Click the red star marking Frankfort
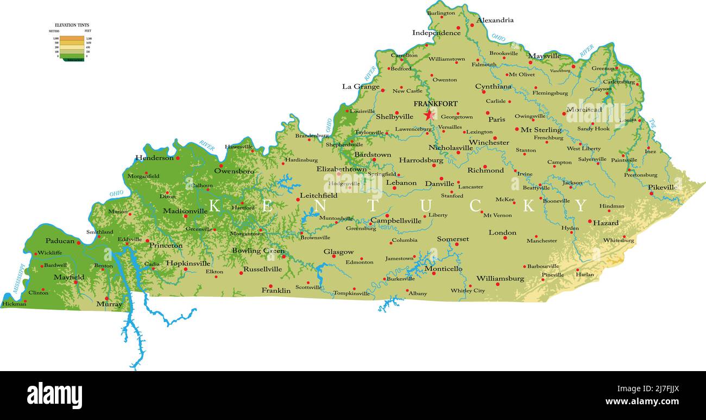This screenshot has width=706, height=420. (429, 115)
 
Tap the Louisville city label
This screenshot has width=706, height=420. (362, 111)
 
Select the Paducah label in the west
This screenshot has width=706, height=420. (60, 241)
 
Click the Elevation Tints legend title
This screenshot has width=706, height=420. (72, 26)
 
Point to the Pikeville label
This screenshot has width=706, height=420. (663, 187)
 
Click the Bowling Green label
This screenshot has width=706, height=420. (258, 251)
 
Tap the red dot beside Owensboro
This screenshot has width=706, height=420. (221, 166)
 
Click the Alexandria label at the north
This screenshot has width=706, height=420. (495, 21)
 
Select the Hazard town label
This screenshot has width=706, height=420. (606, 223)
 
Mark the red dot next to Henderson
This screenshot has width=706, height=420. (178, 158)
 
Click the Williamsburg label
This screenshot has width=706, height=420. (500, 279)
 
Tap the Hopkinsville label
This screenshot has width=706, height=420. (187, 264)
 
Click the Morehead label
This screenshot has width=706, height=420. (584, 110)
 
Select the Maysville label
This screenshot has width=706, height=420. (544, 56)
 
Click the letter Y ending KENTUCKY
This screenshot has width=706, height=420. (581, 206)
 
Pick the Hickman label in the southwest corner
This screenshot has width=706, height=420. (14, 304)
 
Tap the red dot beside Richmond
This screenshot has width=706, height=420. (485, 167)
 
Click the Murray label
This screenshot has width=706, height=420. (109, 304)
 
